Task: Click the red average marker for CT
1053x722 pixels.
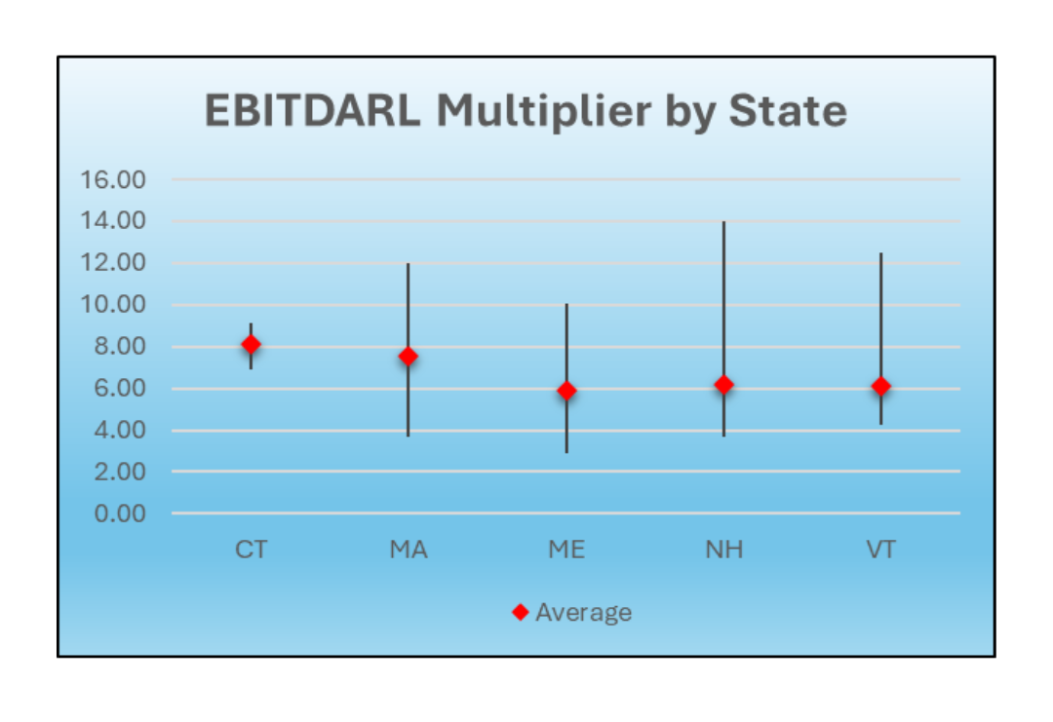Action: pyautogui.click(x=252, y=344)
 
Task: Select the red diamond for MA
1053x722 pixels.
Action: pyautogui.click(x=409, y=357)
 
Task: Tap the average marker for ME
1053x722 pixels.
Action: pyautogui.click(x=566, y=391)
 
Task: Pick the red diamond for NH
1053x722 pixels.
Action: pyautogui.click(x=723, y=385)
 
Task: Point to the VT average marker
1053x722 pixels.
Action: pyautogui.click(x=881, y=387)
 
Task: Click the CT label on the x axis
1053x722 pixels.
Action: pyautogui.click(x=252, y=550)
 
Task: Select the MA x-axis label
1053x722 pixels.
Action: pyautogui.click(x=409, y=550)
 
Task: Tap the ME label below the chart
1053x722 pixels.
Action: pyautogui.click(x=566, y=550)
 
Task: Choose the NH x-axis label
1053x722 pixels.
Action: pyautogui.click(x=723, y=550)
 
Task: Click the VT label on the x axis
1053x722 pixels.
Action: pyautogui.click(x=881, y=550)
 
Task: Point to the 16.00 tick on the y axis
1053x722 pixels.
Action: pyautogui.click(x=113, y=180)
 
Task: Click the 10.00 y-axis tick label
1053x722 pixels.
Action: pyautogui.click(x=113, y=305)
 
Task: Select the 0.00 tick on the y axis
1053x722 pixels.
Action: pyautogui.click(x=120, y=513)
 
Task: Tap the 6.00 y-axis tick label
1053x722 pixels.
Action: pyautogui.click(x=120, y=388)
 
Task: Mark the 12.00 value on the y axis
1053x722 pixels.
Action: pyautogui.click(x=113, y=262)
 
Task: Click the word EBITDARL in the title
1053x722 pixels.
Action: pyautogui.click(x=313, y=110)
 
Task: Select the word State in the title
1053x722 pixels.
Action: pyautogui.click(x=788, y=110)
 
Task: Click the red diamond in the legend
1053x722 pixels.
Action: pyautogui.click(x=521, y=612)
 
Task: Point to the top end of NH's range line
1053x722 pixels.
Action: pyautogui.click(x=723, y=222)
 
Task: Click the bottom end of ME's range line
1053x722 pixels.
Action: pyautogui.click(x=566, y=452)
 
